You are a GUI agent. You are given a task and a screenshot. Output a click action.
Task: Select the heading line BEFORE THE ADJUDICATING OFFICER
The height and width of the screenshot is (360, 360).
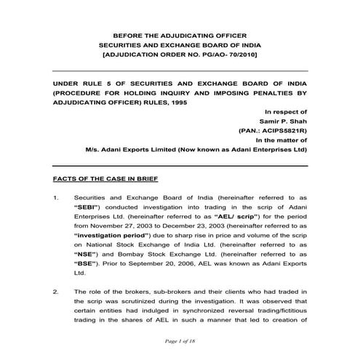(180, 34)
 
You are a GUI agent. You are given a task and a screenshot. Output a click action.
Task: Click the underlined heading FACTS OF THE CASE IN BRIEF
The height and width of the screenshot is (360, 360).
(106, 178)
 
